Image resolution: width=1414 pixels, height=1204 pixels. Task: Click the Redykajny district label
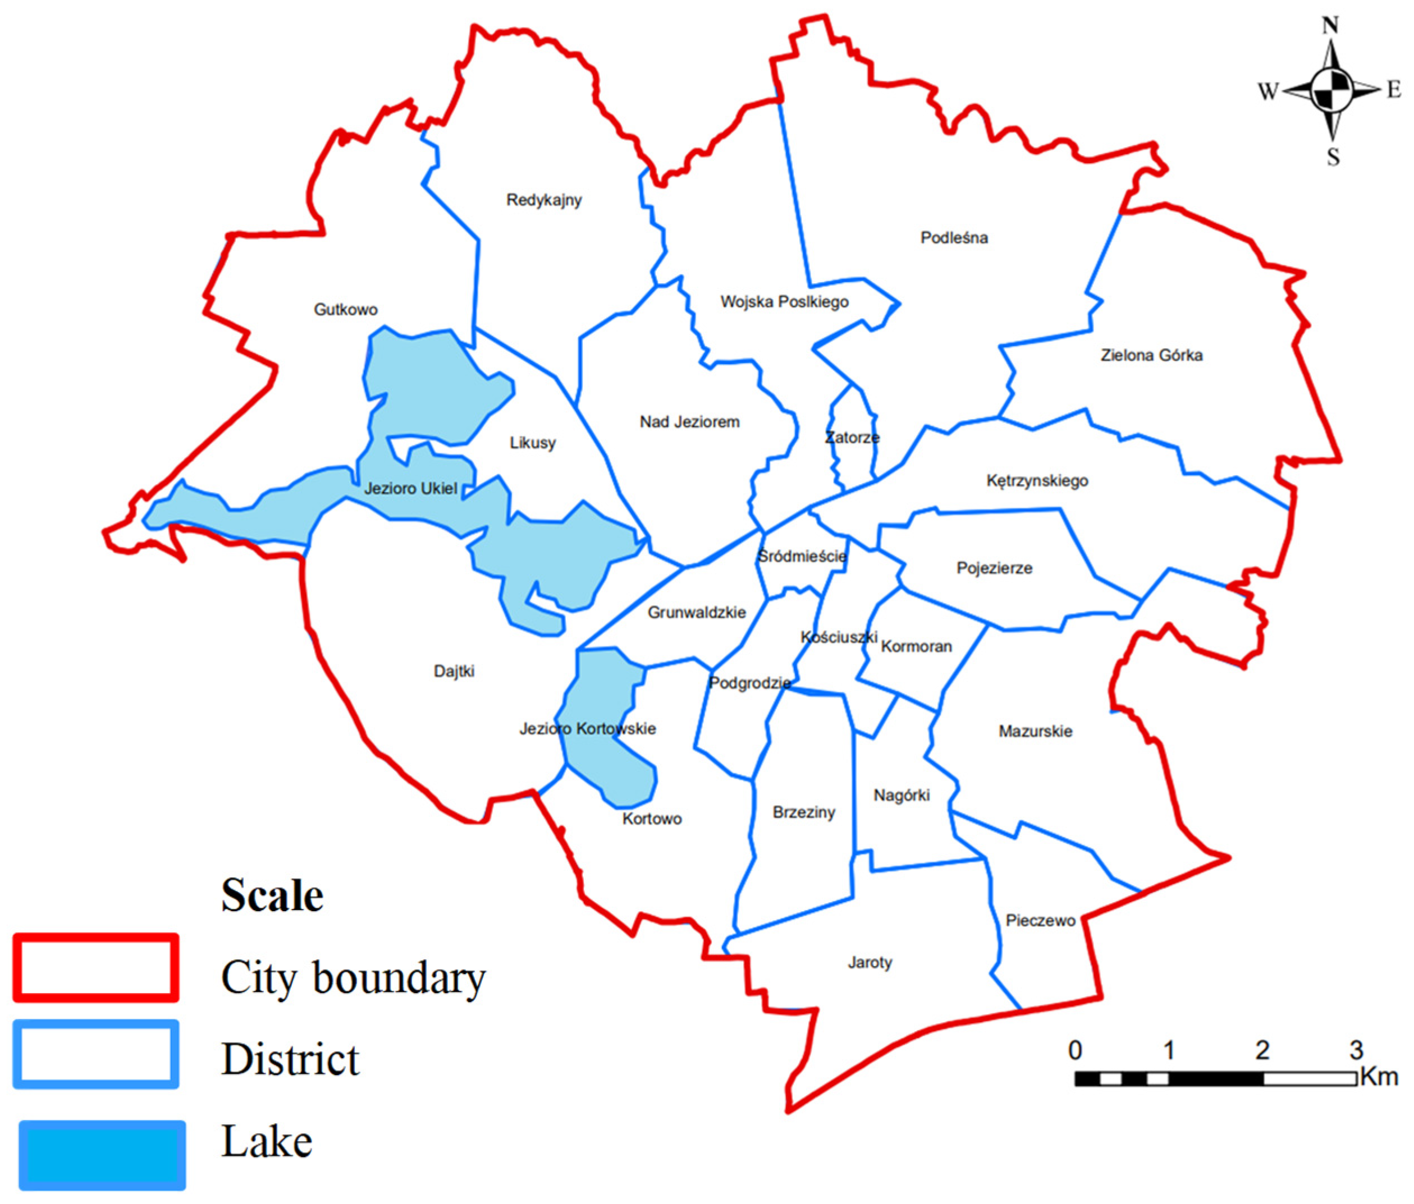[x=544, y=200]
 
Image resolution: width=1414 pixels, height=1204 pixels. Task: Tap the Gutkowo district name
[x=345, y=310]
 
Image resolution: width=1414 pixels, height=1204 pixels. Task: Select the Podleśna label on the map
[x=954, y=237]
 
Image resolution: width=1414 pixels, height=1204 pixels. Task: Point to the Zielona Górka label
[x=1151, y=355]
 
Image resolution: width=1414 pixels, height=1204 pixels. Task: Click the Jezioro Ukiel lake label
[x=410, y=489]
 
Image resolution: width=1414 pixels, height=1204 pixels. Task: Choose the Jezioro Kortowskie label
[x=588, y=729]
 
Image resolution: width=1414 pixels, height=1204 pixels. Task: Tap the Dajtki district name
[x=454, y=671]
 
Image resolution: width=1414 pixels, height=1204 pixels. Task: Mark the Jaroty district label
[x=870, y=963]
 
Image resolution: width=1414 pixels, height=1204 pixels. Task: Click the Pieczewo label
[x=1040, y=921]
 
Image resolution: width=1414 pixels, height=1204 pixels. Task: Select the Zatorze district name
[x=852, y=437]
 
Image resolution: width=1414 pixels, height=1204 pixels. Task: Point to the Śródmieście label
[x=802, y=556]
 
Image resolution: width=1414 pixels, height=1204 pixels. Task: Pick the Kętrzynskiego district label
[x=1037, y=481]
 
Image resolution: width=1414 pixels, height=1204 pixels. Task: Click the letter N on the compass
[x=1330, y=25]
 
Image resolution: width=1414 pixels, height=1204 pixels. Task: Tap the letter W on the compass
[x=1268, y=91]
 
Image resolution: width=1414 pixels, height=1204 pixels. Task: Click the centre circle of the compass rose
[x=1331, y=90]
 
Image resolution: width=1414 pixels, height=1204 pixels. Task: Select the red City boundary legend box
[x=95, y=968]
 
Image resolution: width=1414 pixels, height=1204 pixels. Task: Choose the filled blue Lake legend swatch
[x=102, y=1154]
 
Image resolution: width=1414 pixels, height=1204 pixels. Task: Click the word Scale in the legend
[x=272, y=895]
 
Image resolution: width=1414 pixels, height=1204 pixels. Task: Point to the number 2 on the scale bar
[x=1262, y=1050]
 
